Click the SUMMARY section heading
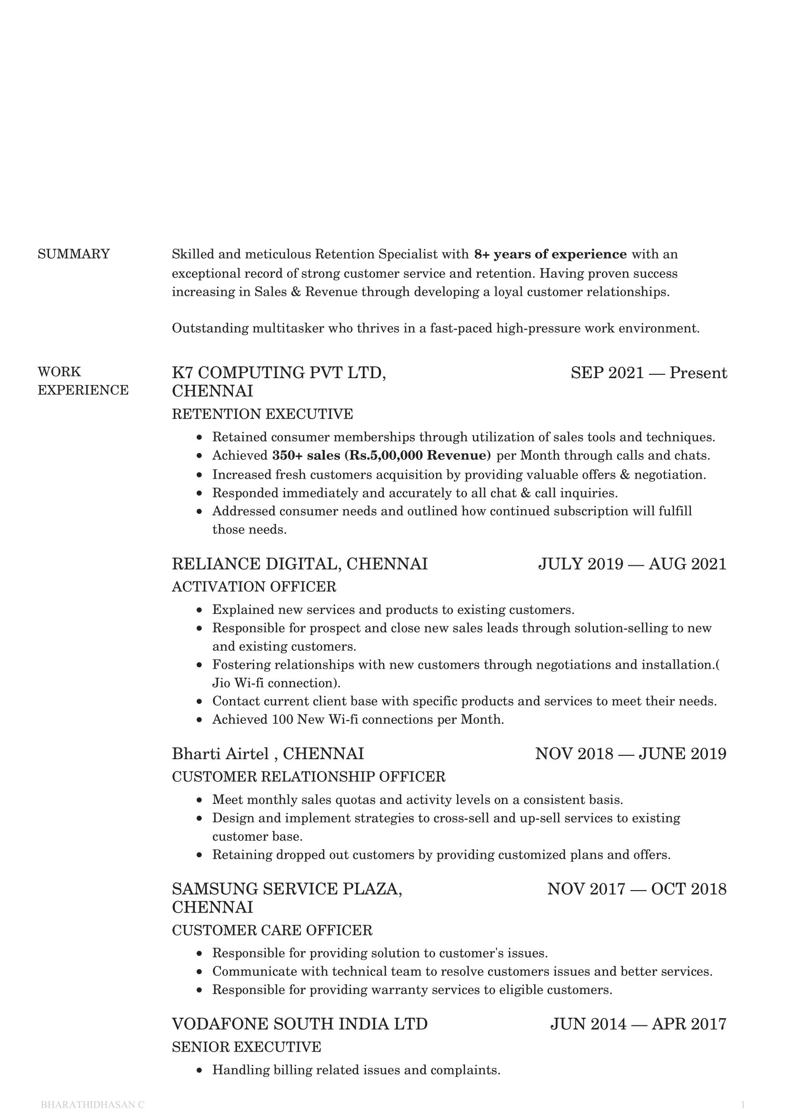(74, 254)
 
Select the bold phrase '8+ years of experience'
(550, 254)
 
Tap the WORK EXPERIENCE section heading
(83, 381)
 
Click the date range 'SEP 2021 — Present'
(648, 372)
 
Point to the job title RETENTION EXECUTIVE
(262, 414)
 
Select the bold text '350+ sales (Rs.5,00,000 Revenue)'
(381, 456)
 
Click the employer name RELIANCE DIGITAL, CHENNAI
(299, 564)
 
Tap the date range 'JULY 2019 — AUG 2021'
(632, 564)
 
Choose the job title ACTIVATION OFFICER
(254, 587)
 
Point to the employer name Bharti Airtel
(220, 753)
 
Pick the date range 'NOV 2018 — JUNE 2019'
(630, 753)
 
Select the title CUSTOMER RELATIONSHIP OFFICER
(309, 777)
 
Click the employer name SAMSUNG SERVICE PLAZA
(287, 889)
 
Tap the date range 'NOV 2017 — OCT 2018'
(637, 889)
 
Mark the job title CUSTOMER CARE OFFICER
(272, 930)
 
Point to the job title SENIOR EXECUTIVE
(246, 1047)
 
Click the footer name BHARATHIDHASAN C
(93, 1104)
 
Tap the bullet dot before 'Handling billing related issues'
(199, 1070)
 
